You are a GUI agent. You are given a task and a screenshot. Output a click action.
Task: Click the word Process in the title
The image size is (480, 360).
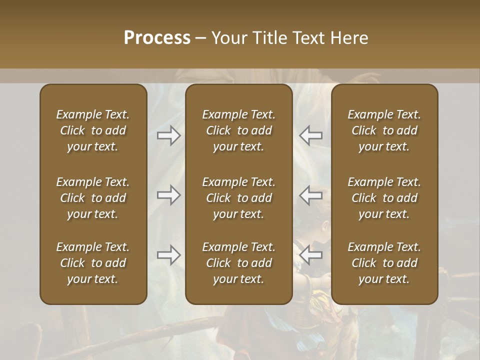pyautogui.click(x=157, y=38)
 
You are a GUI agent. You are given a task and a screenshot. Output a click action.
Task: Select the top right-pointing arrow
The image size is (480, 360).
pyautogui.click(x=168, y=135)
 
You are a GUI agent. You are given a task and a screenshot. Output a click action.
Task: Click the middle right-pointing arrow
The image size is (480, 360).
pyautogui.click(x=168, y=194)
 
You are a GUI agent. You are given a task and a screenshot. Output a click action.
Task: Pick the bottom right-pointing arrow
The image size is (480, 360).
pyautogui.click(x=168, y=255)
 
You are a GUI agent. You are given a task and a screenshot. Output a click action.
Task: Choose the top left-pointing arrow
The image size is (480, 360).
pyautogui.click(x=311, y=135)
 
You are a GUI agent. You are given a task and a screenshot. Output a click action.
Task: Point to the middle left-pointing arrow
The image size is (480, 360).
pyautogui.click(x=311, y=194)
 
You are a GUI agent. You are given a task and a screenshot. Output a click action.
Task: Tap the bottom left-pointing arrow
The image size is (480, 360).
pyautogui.click(x=311, y=255)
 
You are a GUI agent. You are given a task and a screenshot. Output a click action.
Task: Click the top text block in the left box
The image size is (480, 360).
pyautogui.click(x=93, y=130)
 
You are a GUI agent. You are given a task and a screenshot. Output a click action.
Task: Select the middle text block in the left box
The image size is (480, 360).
pyautogui.click(x=93, y=198)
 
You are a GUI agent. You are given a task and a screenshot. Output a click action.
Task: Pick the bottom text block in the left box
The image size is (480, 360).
pyautogui.click(x=93, y=263)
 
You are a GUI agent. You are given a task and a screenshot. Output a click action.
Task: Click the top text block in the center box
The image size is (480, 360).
pyautogui.click(x=238, y=130)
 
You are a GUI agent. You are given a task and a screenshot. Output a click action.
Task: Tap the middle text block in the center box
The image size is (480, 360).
pyautogui.click(x=238, y=198)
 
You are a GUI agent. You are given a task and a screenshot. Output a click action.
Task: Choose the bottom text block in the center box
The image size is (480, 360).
pyautogui.click(x=238, y=263)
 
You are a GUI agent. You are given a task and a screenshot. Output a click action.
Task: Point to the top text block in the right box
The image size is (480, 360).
pyautogui.click(x=384, y=130)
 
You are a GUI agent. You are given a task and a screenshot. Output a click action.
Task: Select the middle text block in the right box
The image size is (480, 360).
pyautogui.click(x=384, y=198)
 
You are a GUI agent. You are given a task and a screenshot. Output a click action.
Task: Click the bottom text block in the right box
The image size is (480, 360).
pyautogui.click(x=384, y=263)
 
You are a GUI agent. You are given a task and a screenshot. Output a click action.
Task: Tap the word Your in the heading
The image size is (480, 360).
pyautogui.click(x=228, y=38)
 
